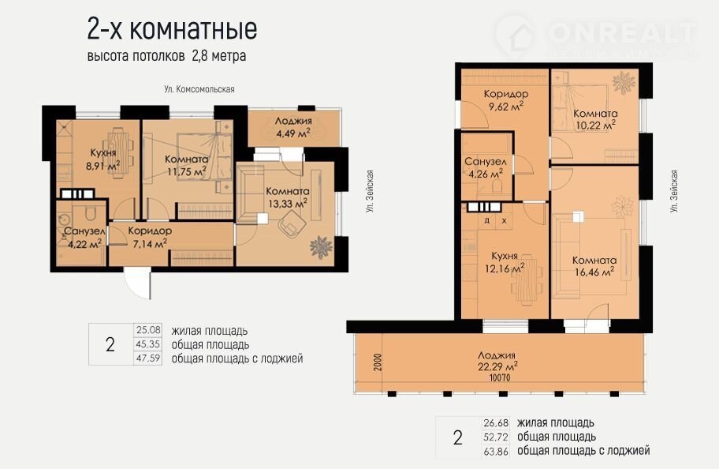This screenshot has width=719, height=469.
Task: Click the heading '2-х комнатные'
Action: coord(172,29)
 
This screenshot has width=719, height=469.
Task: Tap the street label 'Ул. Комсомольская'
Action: coord(199,89)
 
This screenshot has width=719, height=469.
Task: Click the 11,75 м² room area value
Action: coord(186,172)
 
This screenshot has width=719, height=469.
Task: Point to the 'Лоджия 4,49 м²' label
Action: coord(293,127)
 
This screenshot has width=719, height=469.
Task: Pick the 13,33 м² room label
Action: coord(288,197)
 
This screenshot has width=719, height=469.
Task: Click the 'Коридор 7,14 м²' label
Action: coord(150,237)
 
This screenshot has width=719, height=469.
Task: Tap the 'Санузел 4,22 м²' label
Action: coord(84,238)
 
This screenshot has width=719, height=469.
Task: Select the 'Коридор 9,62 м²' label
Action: coord(506,100)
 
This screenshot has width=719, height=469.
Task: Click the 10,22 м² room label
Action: coord(595,119)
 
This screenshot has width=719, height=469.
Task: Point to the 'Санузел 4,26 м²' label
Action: coord(486,167)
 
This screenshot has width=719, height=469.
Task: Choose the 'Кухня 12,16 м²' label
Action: coord(505,262)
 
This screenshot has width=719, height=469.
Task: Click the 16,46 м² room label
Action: coord(594,266)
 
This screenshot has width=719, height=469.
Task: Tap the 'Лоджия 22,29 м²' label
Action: coord(497,361)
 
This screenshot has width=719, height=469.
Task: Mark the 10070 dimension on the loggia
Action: coord(500,378)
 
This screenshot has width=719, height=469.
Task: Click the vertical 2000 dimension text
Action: coord(377,362)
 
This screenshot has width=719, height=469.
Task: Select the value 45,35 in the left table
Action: coord(148,344)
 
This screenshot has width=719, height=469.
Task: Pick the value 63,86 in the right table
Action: coord(496,452)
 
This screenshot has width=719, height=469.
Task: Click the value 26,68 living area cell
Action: coord(496,422)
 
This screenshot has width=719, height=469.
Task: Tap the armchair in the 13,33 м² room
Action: coord(292,226)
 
